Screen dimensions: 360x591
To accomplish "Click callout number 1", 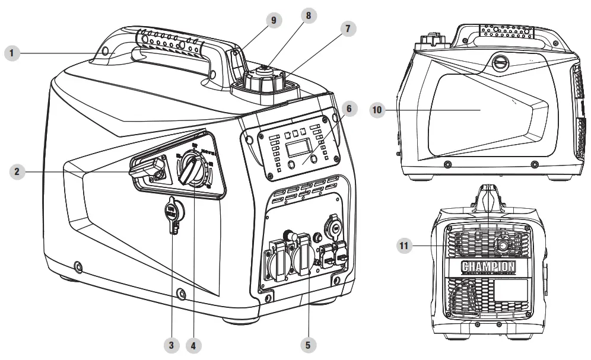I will (x=12, y=54).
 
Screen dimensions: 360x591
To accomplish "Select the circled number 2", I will (x=18, y=172).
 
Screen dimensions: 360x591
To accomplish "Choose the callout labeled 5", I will (x=308, y=343).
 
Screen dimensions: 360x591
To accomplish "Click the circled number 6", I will (x=350, y=109).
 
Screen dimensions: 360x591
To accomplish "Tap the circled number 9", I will (x=274, y=20).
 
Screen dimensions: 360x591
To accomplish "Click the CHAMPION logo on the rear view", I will (x=488, y=267).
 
